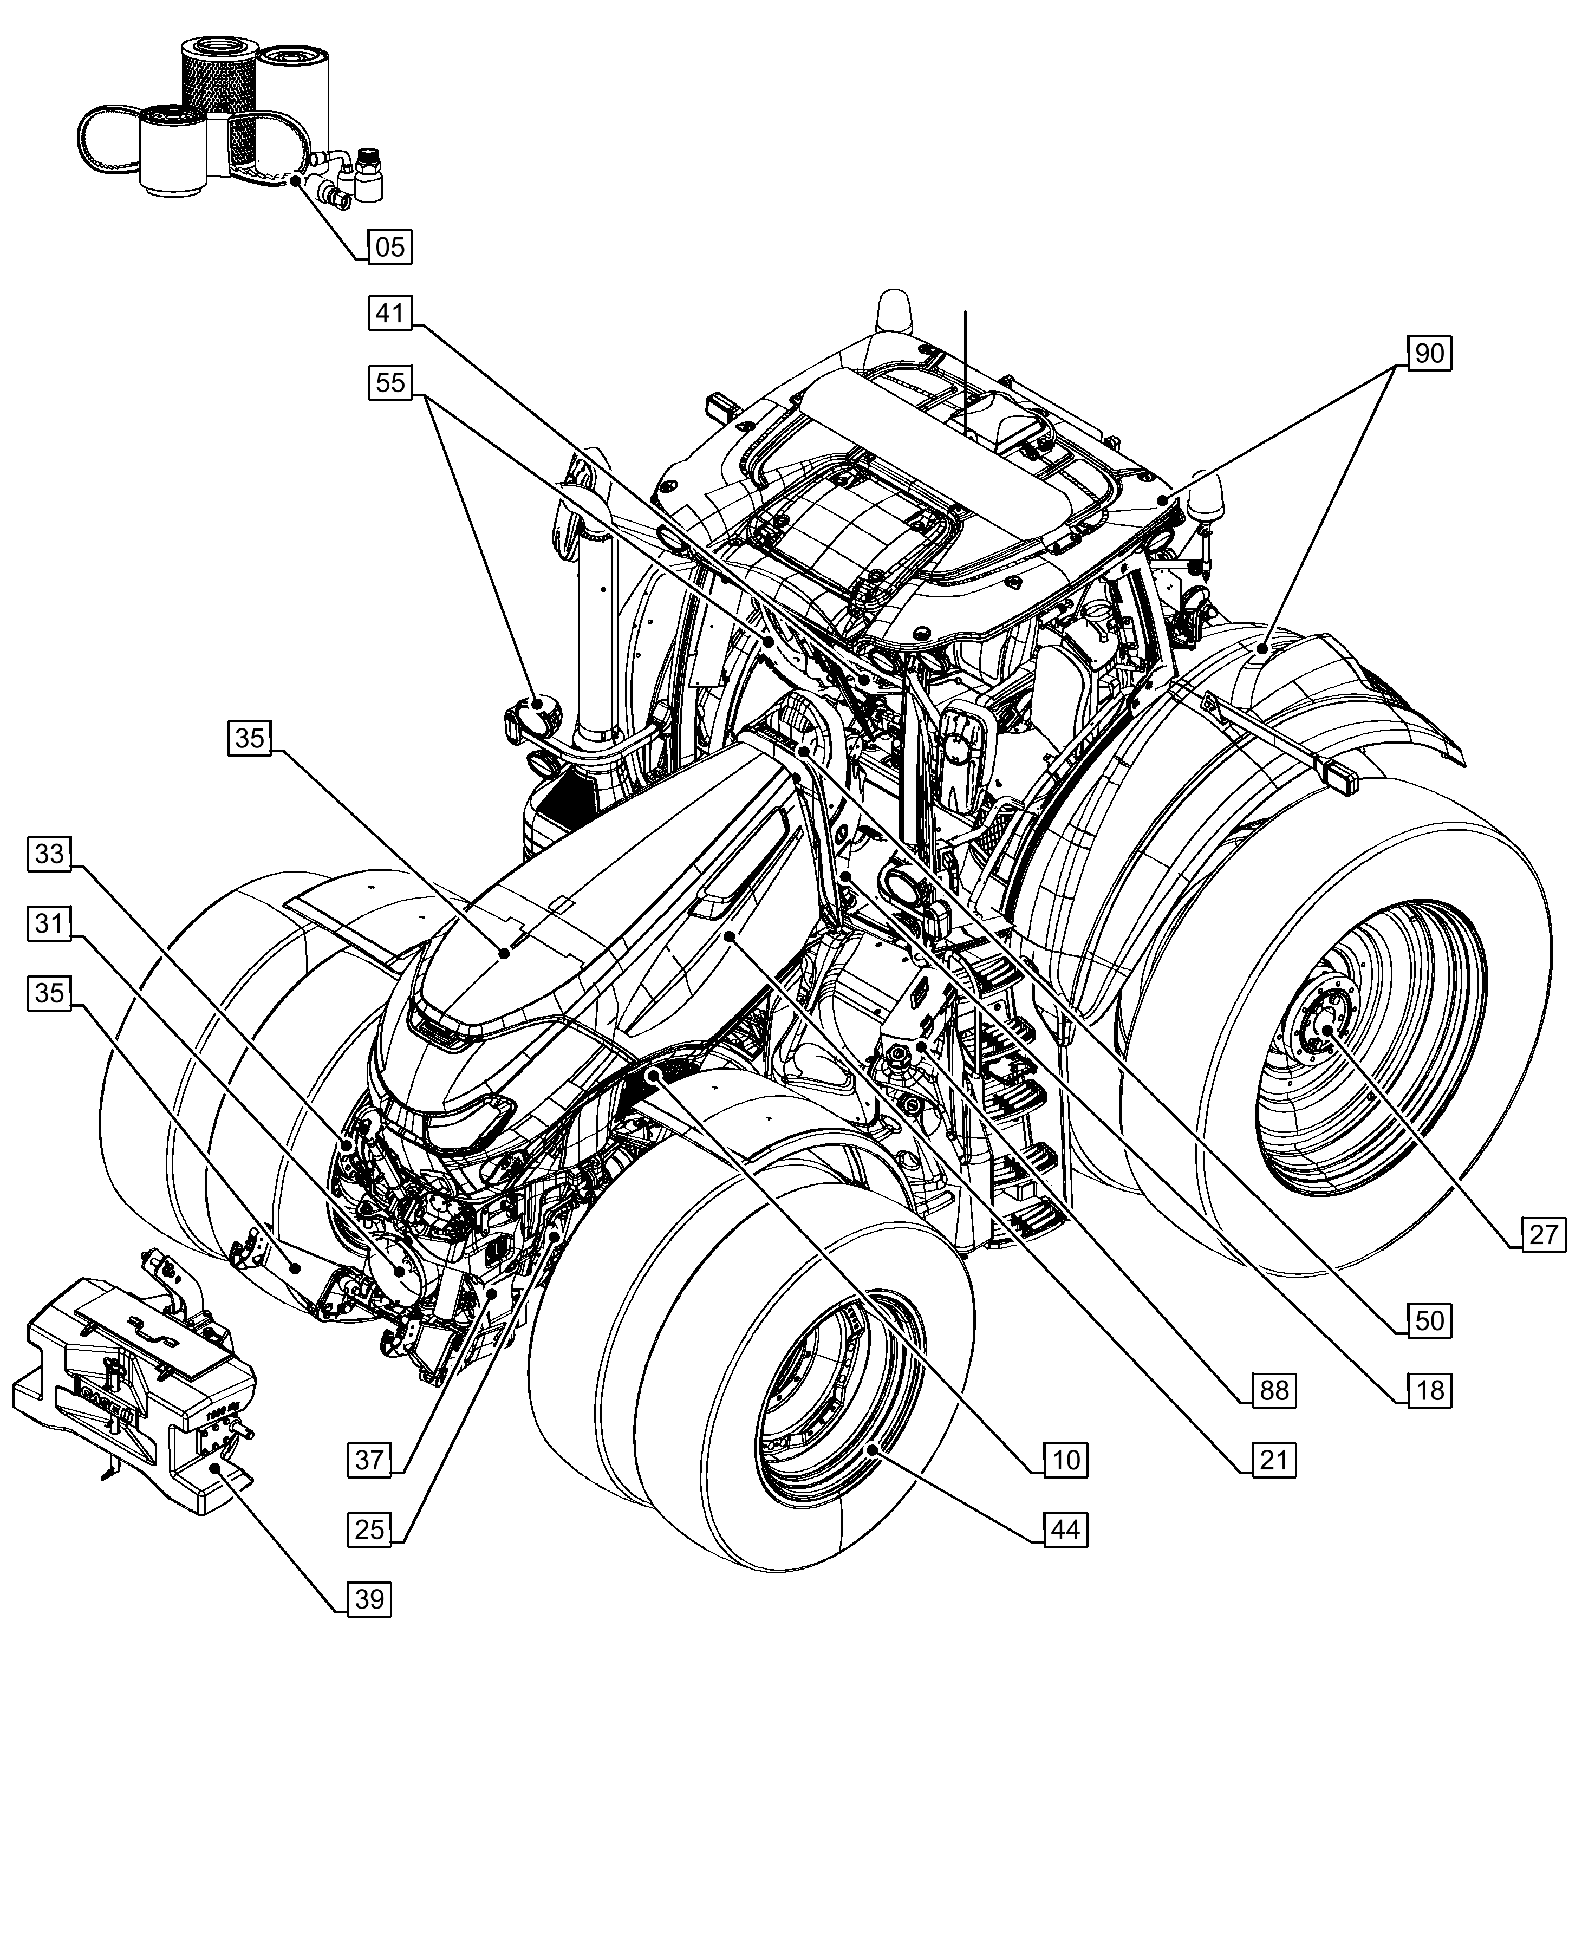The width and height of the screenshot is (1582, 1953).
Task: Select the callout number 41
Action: [x=390, y=314]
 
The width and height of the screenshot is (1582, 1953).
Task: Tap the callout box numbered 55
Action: [x=390, y=382]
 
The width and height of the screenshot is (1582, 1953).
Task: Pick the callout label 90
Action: [x=1429, y=353]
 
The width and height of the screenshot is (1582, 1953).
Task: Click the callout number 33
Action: [x=49, y=854]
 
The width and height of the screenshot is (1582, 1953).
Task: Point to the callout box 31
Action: [x=49, y=923]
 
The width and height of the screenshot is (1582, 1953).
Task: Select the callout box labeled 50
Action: [x=1429, y=1320]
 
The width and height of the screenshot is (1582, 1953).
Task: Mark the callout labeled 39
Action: [x=369, y=1598]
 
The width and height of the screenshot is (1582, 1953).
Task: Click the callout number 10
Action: [x=1064, y=1460]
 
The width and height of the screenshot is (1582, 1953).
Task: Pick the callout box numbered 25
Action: [x=369, y=1529]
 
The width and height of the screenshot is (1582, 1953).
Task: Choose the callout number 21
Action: [x=1273, y=1460]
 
